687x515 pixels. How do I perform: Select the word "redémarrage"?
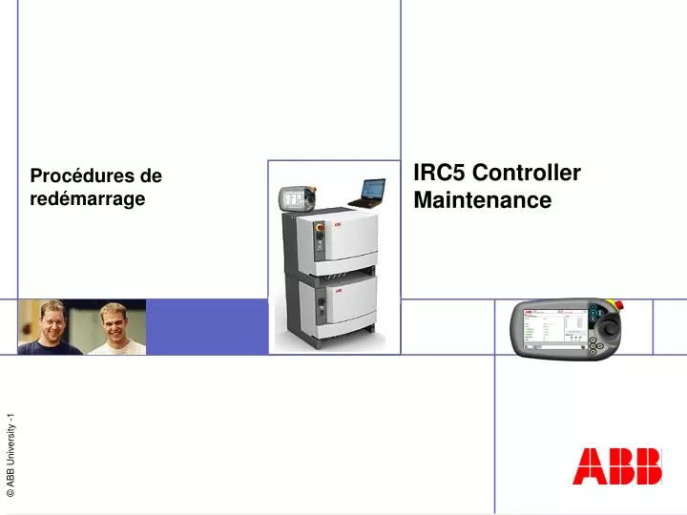(88, 198)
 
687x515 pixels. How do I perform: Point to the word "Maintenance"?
(483, 200)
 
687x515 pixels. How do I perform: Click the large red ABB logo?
(617, 467)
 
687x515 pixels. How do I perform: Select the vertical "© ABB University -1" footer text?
(11, 455)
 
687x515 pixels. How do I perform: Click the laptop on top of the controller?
(365, 194)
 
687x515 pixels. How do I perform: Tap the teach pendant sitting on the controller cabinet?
(292, 199)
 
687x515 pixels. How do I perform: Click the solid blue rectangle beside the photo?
(206, 327)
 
